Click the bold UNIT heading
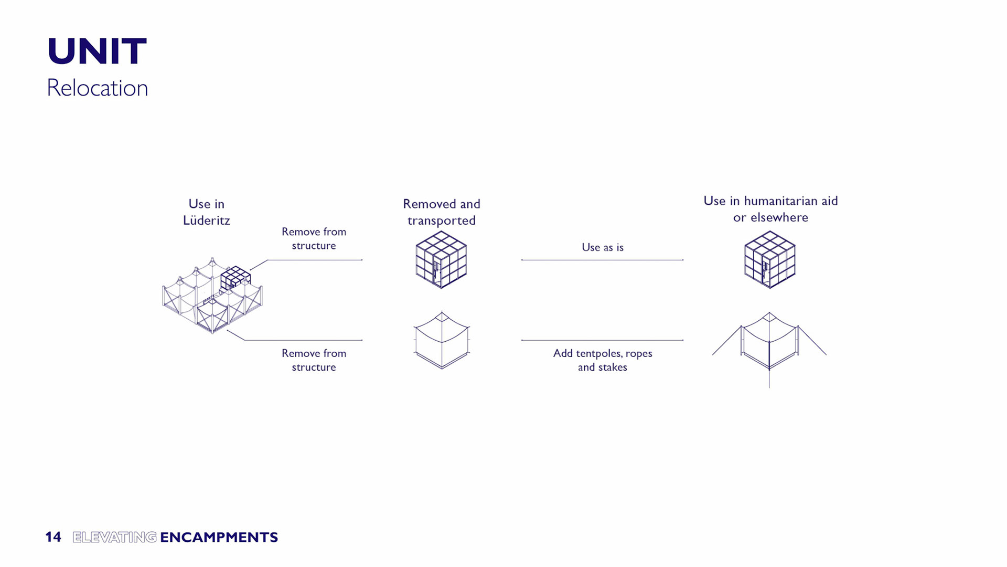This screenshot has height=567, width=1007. [97, 51]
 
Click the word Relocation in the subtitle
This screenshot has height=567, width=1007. [98, 88]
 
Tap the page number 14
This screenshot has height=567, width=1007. [53, 537]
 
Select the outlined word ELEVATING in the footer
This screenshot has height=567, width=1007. [114, 537]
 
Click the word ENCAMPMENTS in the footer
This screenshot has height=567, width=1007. [219, 537]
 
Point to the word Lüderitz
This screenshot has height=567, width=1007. [206, 220]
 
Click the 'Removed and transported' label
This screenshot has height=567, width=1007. [442, 212]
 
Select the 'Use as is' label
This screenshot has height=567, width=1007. [603, 247]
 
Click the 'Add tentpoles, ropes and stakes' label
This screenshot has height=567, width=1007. [603, 360]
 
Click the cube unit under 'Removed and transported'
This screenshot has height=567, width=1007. [441, 260]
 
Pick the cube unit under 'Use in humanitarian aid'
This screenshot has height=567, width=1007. [769, 260]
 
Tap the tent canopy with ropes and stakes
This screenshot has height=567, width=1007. [769, 344]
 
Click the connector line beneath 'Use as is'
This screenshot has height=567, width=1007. [602, 260]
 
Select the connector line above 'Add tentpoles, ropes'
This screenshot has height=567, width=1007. [602, 340]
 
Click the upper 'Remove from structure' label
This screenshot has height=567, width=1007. [314, 238]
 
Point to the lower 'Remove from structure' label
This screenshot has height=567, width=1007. [314, 360]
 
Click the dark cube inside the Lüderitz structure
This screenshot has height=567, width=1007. [235, 277]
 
